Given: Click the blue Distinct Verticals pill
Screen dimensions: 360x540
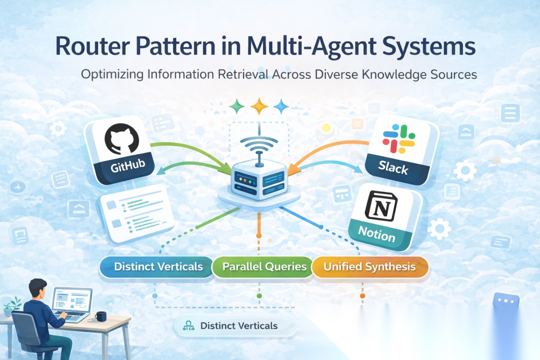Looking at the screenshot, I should [x=158, y=266].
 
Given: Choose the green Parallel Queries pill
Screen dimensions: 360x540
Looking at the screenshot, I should [x=264, y=266].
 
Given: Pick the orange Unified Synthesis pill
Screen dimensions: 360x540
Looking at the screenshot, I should [x=369, y=266].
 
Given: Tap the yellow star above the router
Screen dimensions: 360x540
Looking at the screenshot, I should [x=259, y=106].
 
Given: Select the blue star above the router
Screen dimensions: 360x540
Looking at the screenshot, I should [x=281, y=106].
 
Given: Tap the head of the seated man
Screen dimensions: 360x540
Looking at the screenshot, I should [x=37, y=288].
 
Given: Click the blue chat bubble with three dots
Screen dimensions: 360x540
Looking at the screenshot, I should [x=506, y=300].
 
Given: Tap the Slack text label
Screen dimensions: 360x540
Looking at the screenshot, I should [x=393, y=168].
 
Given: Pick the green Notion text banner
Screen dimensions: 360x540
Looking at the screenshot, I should [x=377, y=233].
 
